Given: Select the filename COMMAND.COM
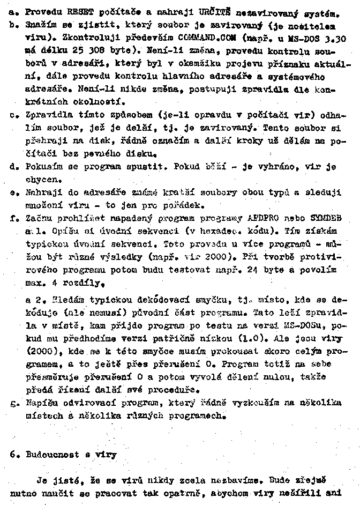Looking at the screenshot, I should [x=194, y=39].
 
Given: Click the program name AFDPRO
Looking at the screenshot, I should [x=262, y=219].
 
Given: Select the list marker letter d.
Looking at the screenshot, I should [x=14, y=167].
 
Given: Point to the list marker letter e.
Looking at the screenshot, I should [x=14, y=191].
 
